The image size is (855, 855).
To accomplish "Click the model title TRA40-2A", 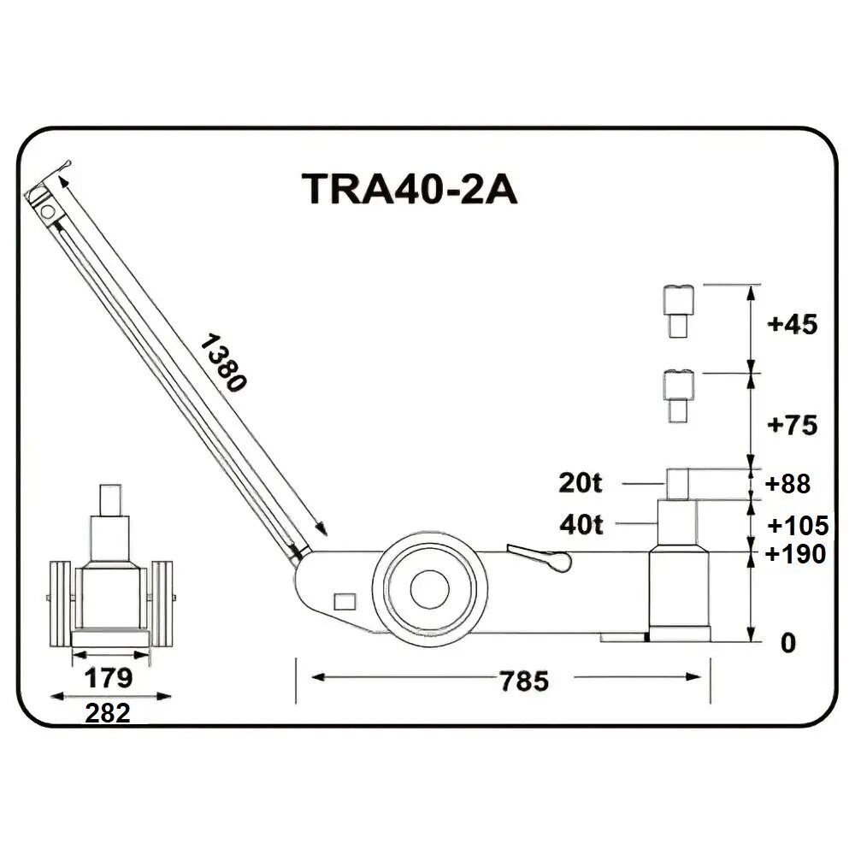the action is (x=409, y=189).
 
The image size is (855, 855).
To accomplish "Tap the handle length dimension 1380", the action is (x=223, y=363).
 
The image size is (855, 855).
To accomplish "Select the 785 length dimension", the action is (x=524, y=681).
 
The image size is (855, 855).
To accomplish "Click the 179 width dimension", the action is (x=109, y=678).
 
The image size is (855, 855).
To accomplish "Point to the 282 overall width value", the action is (x=108, y=713).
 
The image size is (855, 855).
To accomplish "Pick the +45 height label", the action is (x=793, y=324).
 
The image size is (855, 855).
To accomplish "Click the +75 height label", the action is (x=793, y=425).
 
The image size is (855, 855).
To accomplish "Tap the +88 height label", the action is (x=788, y=484).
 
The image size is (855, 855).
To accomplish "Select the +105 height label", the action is (x=798, y=526).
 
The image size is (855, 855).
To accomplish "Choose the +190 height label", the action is (x=795, y=554).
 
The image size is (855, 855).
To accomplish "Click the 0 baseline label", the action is (x=788, y=644).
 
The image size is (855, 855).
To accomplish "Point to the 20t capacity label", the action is (x=581, y=482).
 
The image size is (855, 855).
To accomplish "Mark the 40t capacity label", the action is (x=581, y=525).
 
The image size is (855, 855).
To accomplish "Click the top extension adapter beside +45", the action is (x=678, y=311).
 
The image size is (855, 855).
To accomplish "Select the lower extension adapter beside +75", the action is (x=678, y=397).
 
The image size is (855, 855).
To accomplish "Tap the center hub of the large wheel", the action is (x=430, y=590).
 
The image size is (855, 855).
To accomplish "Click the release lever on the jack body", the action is (x=539, y=557).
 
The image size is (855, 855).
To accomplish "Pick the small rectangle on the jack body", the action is (x=345, y=601).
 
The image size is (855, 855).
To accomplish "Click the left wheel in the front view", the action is (x=61, y=604).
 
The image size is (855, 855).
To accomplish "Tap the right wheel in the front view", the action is (x=162, y=604).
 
